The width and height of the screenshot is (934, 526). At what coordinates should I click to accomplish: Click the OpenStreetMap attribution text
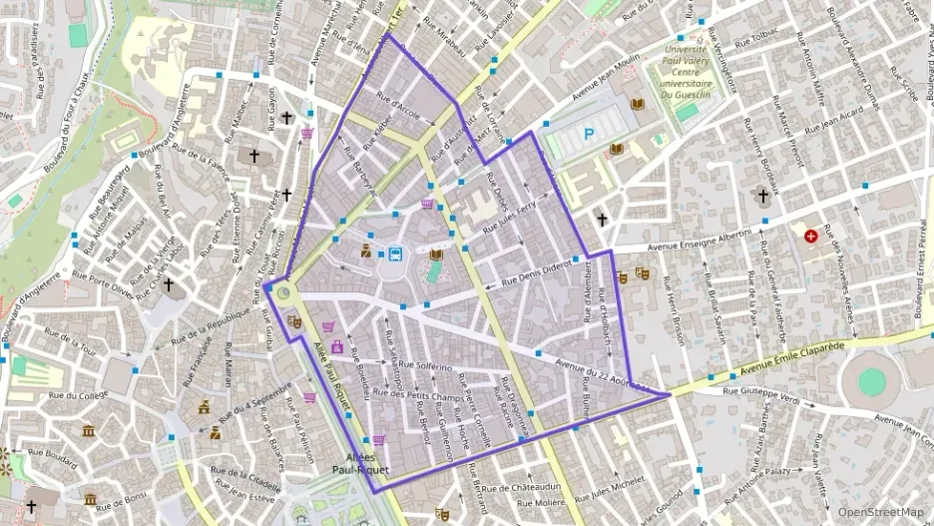point(880,512)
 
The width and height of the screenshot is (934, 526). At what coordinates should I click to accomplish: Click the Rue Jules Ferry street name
point(509,218)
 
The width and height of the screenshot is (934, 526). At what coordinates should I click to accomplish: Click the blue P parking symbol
point(589,133)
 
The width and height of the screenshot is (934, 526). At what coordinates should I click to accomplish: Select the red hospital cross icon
point(810,237)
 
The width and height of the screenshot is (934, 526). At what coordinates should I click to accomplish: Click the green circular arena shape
point(871,381)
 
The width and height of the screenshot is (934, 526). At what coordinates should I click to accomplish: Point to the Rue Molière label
point(542,503)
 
